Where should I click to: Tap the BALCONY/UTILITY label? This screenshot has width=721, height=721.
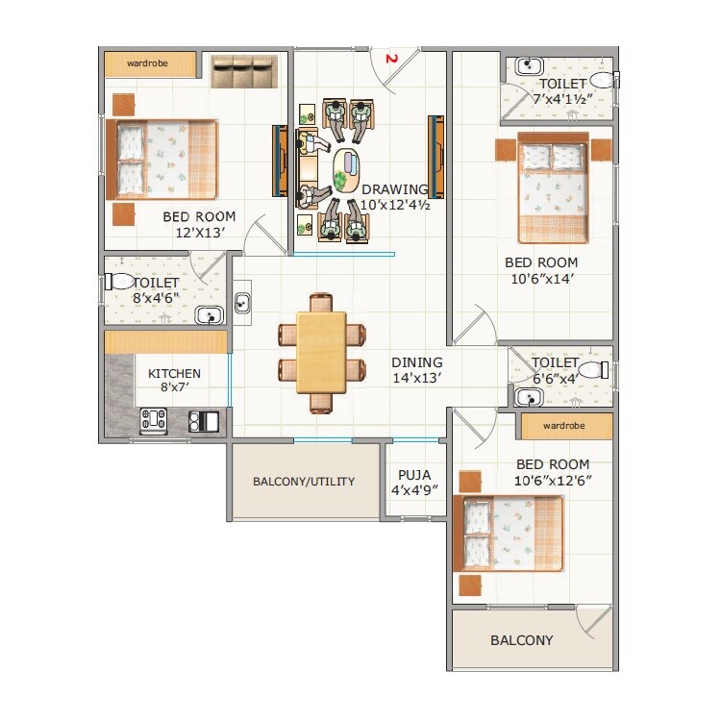coord(304,482)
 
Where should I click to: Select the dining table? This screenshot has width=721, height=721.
coord(321,351)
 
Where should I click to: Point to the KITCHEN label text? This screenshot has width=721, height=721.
coord(174,374)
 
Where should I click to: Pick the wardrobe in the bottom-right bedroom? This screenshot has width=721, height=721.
coord(565,425)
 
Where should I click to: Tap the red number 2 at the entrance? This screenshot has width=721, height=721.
coord(391,59)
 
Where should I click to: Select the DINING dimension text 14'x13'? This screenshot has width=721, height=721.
coord(416,378)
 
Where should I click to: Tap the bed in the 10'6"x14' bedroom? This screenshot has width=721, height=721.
coord(553,188)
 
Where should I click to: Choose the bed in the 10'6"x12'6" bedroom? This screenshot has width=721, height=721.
coord(510,534)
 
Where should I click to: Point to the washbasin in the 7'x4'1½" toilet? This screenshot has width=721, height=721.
coord(529,67)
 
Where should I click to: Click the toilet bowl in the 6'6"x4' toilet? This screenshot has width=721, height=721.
coord(593,369)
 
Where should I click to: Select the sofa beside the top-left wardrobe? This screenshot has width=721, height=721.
coord(243,72)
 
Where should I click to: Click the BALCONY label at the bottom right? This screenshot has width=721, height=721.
coord(521,640)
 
